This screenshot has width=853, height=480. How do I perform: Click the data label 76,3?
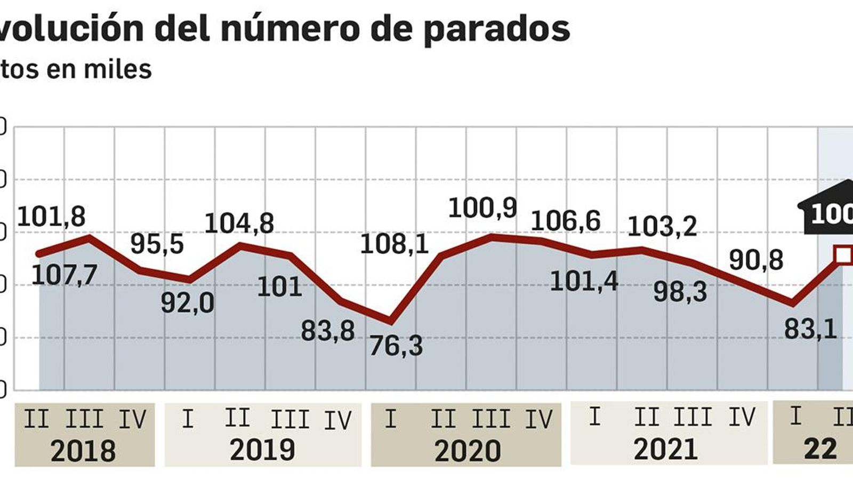(396, 346)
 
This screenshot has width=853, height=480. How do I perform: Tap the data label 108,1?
(395, 244)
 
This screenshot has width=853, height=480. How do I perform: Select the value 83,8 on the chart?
(328, 330)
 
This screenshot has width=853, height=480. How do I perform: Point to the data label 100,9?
(482, 207)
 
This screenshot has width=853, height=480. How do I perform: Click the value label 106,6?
(566, 220)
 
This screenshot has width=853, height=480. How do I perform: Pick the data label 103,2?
(662, 226)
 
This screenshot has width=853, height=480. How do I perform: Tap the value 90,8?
(756, 260)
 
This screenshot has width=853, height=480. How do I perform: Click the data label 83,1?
(810, 329)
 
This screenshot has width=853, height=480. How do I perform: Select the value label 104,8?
(239, 222)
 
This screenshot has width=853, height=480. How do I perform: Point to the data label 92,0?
(188, 303)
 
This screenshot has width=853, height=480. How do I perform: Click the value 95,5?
(157, 244)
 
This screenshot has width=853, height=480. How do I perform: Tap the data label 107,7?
(64, 275)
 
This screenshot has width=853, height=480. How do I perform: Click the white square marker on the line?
(843, 255)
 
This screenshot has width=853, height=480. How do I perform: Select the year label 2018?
(83, 451)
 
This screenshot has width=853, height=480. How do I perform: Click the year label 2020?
(468, 451)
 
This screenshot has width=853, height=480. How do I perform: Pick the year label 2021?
(665, 450)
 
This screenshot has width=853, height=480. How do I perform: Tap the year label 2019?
(262, 450)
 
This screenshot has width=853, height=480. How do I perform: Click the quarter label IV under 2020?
(539, 420)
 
